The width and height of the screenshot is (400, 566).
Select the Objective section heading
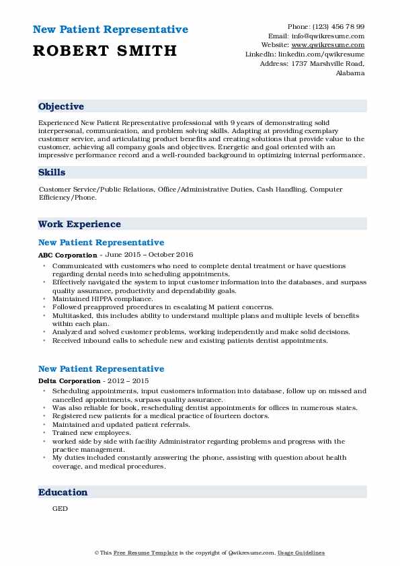(61, 107)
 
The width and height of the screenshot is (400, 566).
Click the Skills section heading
(52, 173)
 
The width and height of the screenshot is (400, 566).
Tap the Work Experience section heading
(79, 224)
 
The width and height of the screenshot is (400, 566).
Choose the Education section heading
(63, 493)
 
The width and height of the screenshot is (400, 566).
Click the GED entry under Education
(59, 509)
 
